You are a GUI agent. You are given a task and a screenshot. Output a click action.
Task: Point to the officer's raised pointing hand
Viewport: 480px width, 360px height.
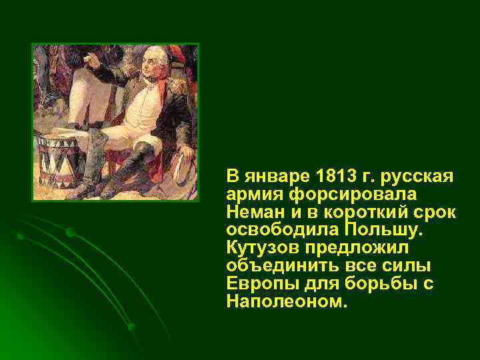point(93,58)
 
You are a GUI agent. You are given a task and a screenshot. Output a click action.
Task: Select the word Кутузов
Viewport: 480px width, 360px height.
point(262,247)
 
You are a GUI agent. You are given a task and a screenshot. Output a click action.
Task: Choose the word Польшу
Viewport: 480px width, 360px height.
point(385,230)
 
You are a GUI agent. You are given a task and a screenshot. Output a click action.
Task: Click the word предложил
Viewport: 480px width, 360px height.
point(357,247)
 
